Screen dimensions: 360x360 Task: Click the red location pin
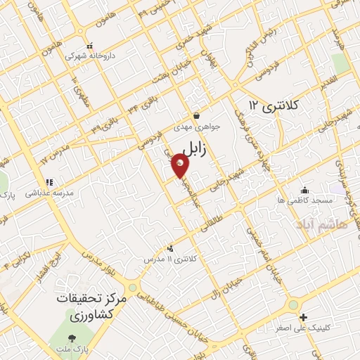[181, 166]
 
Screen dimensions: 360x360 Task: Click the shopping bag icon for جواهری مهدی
[196, 115]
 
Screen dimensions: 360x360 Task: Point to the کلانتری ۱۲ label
[274, 105]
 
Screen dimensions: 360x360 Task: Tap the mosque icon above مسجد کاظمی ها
[304, 190]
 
